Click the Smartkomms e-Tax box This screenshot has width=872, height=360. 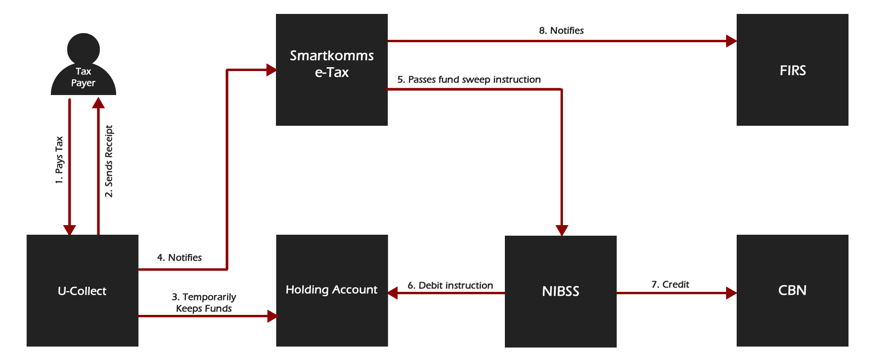click(332, 70)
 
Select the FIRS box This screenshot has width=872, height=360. click(792, 70)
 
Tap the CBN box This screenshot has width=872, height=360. click(792, 290)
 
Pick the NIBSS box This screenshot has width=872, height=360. click(561, 291)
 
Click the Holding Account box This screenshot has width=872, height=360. click(332, 290)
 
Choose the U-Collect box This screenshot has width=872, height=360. click(82, 290)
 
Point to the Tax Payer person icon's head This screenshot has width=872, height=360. click(84, 48)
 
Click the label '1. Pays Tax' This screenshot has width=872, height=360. click(59, 160)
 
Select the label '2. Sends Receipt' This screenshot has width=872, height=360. click(109, 161)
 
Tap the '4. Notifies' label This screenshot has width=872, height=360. click(179, 258)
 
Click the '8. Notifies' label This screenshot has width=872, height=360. click(561, 31)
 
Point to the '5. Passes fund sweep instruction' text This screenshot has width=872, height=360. click(469, 80)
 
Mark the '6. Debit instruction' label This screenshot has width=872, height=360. click(450, 286)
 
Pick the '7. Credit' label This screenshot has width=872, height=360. click(670, 285)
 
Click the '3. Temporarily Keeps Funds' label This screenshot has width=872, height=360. click(204, 303)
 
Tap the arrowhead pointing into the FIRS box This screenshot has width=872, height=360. click(731, 41)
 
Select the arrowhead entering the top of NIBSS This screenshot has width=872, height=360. click(561, 230)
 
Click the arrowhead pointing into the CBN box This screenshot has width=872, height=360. click(731, 293)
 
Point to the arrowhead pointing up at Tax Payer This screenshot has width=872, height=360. click(98, 103)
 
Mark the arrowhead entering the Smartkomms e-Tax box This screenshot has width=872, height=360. click(271, 71)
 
